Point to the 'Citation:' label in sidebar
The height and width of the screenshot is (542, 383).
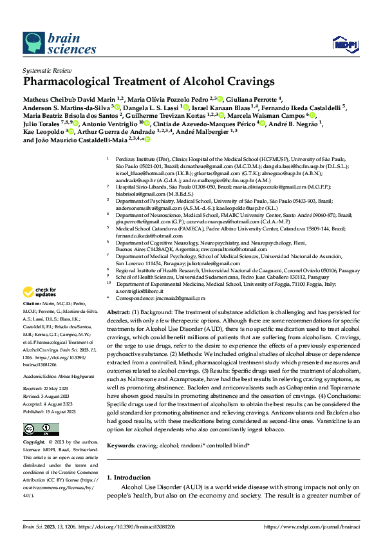tap(32, 303)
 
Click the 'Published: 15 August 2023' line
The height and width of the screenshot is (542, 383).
tap(47, 410)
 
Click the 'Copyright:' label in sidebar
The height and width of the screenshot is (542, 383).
tap(34, 443)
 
